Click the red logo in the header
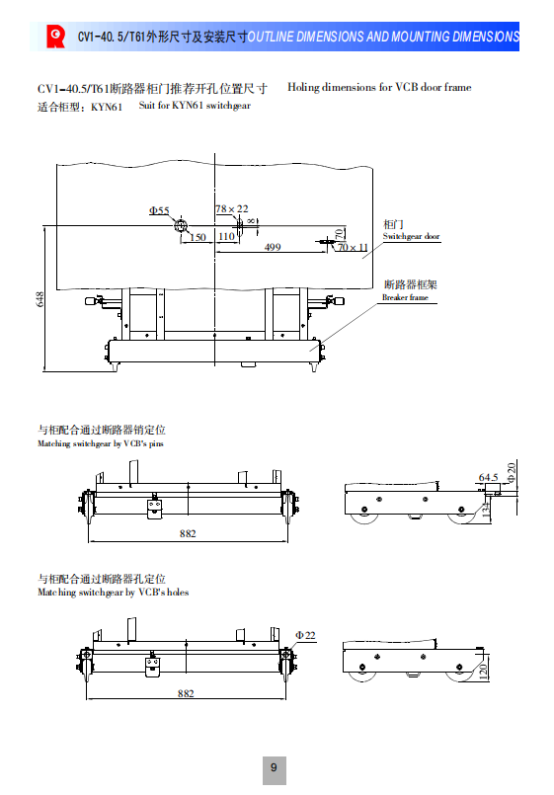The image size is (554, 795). (x=55, y=37)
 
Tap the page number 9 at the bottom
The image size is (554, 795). (x=274, y=767)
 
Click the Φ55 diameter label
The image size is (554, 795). (x=159, y=210)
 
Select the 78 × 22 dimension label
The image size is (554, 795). (x=232, y=209)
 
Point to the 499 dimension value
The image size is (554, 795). (x=273, y=247)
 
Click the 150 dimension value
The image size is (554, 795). (x=198, y=237)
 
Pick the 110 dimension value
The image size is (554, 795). (x=226, y=236)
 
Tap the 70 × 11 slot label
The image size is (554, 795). (x=353, y=247)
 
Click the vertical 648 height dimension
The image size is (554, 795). (x=40, y=299)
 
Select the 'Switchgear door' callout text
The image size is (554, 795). (x=411, y=236)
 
